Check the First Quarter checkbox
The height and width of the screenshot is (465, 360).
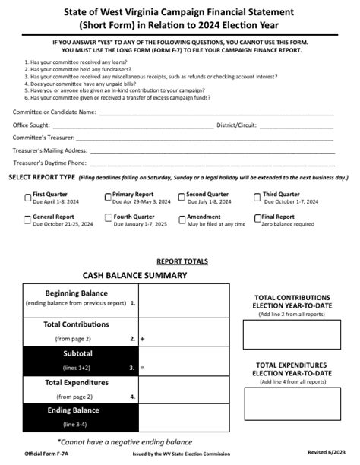point(28,197)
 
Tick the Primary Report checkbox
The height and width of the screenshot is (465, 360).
point(107,197)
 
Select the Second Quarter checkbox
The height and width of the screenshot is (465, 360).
point(182,197)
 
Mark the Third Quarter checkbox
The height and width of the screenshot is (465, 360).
point(257,197)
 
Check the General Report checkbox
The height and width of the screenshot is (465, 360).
point(28,219)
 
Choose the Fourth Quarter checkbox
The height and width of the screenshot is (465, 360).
point(107,219)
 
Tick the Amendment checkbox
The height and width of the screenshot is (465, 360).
point(182,219)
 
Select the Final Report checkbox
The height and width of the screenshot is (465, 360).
point(257,219)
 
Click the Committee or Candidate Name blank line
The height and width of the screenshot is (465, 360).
point(216,113)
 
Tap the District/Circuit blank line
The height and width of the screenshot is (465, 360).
point(292,126)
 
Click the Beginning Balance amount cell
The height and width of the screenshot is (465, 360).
point(182,299)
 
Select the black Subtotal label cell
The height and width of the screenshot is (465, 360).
point(80,360)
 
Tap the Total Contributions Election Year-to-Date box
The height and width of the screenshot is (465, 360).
point(292,334)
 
